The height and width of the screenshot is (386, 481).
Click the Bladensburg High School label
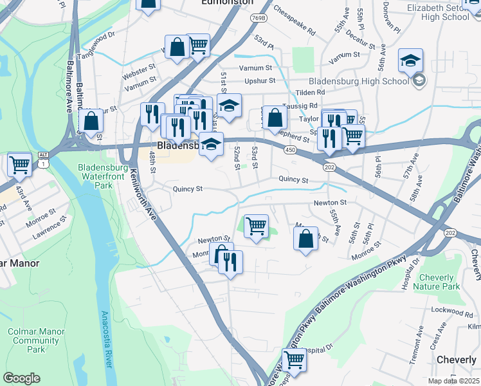click(x=359, y=81)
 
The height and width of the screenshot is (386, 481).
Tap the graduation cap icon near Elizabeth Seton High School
click(x=410, y=60)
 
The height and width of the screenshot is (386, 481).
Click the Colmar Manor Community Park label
click(x=36, y=340)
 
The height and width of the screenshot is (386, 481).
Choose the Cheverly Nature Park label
click(x=437, y=281)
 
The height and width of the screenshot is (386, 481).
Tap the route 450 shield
click(x=290, y=150)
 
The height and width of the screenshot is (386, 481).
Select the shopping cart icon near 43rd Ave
click(x=19, y=165)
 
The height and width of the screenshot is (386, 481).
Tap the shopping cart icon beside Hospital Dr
click(x=294, y=360)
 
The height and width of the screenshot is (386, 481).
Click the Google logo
click(x=21, y=378)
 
